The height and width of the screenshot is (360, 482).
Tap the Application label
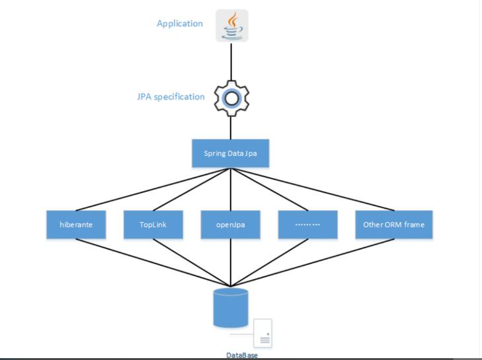[179, 23]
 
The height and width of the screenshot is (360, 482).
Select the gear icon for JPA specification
[231, 98]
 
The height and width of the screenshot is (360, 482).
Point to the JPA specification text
[171, 97]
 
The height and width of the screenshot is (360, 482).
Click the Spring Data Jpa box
[230, 153]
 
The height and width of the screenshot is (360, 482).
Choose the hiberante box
[76, 224]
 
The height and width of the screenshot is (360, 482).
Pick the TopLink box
[153, 224]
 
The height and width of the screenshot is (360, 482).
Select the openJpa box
[230, 224]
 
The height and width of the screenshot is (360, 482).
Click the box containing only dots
[307, 224]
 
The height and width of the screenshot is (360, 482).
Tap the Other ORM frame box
[393, 224]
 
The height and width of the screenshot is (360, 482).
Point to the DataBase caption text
[241, 355]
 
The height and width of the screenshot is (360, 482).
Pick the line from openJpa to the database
[231, 263]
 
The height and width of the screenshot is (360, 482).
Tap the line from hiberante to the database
[153, 262]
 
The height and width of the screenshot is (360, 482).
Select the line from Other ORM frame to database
[312, 262]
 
